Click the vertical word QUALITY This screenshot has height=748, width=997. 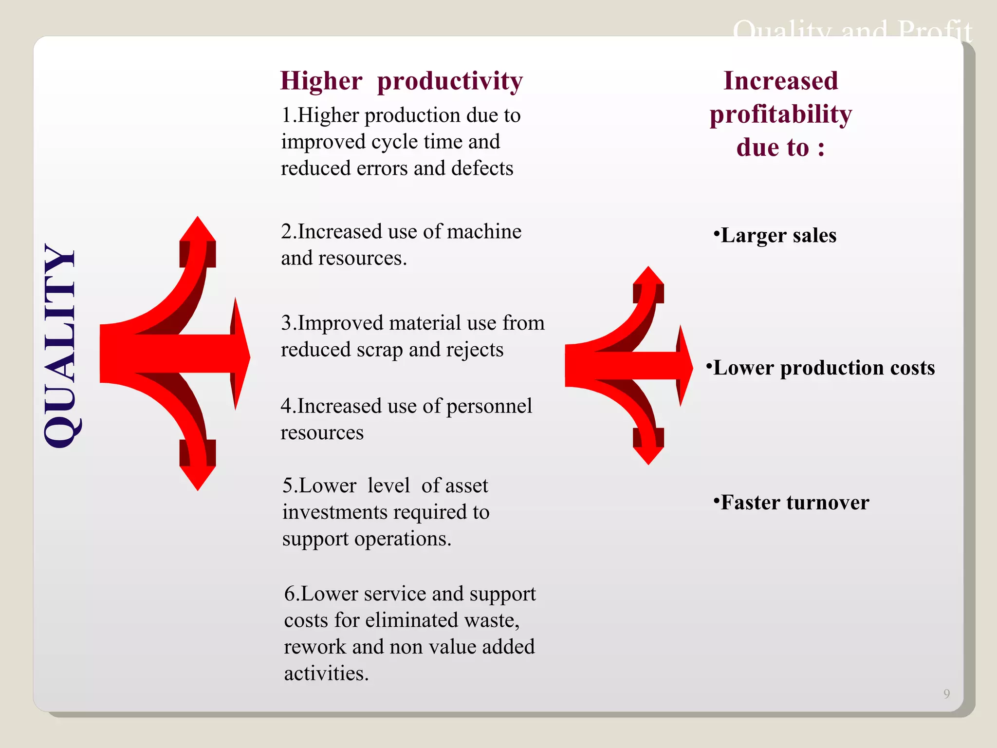(60, 346)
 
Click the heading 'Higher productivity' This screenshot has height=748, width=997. (401, 81)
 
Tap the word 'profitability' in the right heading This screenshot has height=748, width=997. (780, 115)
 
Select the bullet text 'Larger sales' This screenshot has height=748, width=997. (778, 235)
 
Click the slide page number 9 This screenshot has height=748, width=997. (946, 693)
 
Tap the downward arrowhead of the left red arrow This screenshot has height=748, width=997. (198, 477)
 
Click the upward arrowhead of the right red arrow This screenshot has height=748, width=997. (648, 276)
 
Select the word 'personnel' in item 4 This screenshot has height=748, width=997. (489, 406)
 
